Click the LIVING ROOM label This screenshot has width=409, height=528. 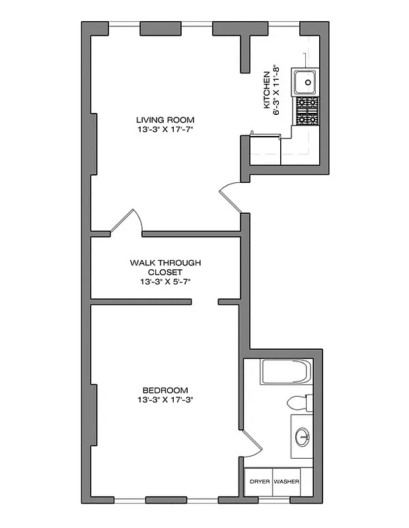(x=165, y=119)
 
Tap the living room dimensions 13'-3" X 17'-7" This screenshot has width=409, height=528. (x=165, y=129)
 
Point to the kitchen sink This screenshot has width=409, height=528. (x=306, y=82)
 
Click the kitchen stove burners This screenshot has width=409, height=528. (x=307, y=112)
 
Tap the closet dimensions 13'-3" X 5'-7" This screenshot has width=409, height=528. (x=165, y=281)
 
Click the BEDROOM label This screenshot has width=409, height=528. (x=165, y=389)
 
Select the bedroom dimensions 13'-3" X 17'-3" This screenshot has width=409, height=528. (x=165, y=399)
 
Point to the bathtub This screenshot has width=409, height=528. (x=285, y=373)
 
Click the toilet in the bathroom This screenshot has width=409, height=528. (x=299, y=402)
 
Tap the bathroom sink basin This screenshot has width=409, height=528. (x=303, y=436)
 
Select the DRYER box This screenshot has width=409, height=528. (x=259, y=482)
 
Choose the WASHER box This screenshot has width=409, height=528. (x=286, y=482)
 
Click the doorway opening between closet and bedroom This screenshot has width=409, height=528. (x=205, y=303)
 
